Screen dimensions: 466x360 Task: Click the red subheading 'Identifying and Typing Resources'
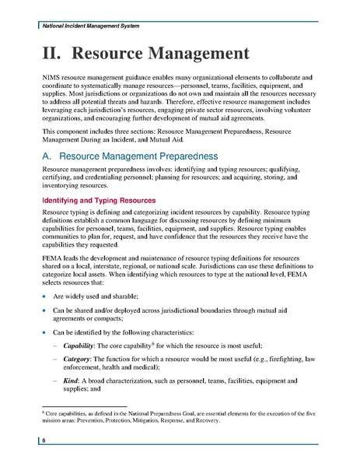coord(99,201)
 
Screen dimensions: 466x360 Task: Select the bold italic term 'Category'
coord(77,359)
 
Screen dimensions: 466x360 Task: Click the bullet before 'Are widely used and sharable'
coord(44,296)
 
